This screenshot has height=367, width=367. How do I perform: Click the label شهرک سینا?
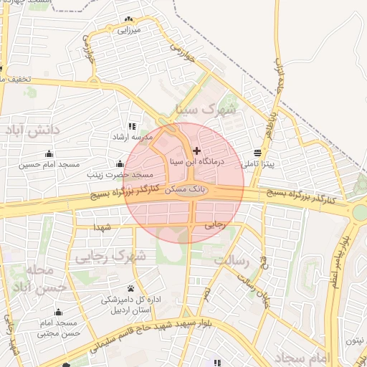[204, 110]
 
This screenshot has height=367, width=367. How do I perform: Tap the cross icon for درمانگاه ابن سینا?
[197, 151]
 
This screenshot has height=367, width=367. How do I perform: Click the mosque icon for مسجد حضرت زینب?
[119, 163]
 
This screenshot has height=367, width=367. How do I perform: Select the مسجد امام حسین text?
[49, 164]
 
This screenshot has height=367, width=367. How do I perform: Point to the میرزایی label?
[129, 31]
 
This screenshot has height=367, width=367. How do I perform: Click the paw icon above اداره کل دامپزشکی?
[130, 288]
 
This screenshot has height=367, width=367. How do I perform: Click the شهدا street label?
[102, 227]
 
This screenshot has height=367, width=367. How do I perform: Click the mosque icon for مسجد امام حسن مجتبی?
[58, 312]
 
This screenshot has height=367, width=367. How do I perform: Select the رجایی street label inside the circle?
[215, 224]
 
